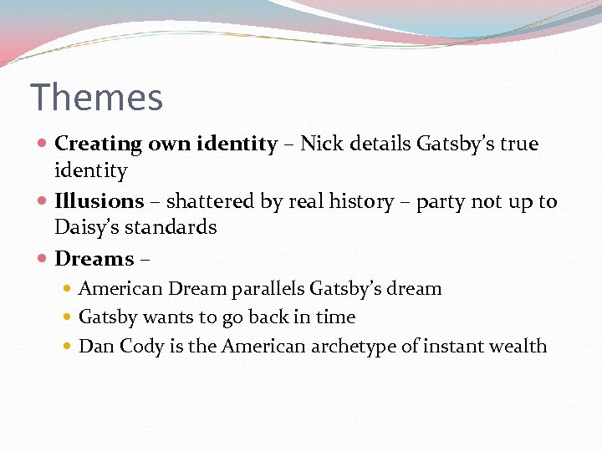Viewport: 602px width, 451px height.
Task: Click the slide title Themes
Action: pos(96,98)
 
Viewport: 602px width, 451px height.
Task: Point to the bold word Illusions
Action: pos(99,201)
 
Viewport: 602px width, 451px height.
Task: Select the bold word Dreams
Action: pos(94,259)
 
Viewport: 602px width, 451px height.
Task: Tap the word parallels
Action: pos(263,289)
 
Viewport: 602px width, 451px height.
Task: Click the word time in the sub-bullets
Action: pos(337,317)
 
